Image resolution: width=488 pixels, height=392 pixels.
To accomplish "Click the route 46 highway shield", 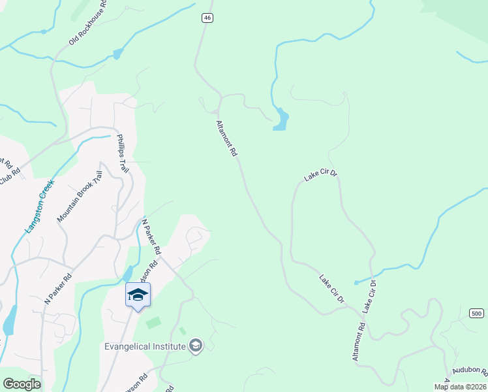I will (207, 18).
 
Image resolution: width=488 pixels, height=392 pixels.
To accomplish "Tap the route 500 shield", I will (477, 314).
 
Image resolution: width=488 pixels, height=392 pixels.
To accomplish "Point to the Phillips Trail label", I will (121, 153).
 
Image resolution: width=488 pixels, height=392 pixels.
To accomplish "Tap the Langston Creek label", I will (38, 207).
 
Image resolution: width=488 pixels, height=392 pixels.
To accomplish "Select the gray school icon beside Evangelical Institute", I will (196, 346).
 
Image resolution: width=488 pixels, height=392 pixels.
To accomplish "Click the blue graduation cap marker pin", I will (138, 295).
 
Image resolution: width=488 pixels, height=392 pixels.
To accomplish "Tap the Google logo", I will (22, 384).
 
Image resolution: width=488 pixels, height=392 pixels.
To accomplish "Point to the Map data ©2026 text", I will (460, 387).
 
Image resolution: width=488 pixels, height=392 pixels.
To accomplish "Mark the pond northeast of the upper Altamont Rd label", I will (281, 120).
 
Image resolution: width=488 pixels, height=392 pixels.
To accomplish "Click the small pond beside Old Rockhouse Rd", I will (117, 54).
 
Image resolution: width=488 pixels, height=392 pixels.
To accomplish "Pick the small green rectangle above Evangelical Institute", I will (153, 323).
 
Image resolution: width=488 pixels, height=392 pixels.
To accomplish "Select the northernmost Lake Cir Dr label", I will (321, 175).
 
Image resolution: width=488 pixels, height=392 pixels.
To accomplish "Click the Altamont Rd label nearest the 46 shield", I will (226, 138).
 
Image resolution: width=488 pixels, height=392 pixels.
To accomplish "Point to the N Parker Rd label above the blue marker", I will (151, 237).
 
